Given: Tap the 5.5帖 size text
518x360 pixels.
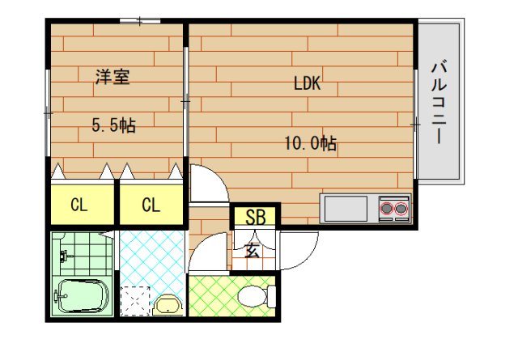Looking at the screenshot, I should pyautogui.click(x=113, y=125).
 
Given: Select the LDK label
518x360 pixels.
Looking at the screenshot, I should pyautogui.click(x=308, y=83).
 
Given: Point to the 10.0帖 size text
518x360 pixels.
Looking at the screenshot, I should pyautogui.click(x=309, y=144).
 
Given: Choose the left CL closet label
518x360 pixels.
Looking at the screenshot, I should pyautogui.click(x=79, y=205).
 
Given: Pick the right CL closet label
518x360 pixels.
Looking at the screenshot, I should pyautogui.click(x=151, y=205).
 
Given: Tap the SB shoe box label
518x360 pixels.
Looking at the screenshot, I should pyautogui.click(x=255, y=217).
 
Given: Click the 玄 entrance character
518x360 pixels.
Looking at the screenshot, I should pyautogui.click(x=253, y=250).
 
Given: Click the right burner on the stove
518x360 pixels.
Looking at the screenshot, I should pyautogui.click(x=401, y=209).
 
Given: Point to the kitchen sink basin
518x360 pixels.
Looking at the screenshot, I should pyautogui.click(x=346, y=209).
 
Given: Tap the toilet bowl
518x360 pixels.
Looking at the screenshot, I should pyautogui.click(x=252, y=296).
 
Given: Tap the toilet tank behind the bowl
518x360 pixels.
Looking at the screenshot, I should pyautogui.click(x=272, y=296).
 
